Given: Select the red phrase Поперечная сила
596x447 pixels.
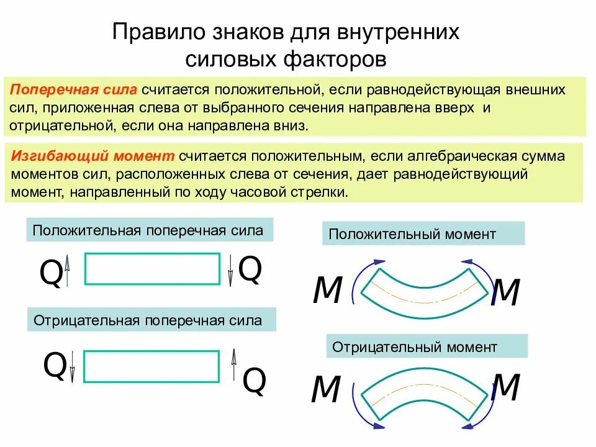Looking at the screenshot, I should [x=74, y=89].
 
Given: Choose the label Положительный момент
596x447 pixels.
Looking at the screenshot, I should [x=412, y=234].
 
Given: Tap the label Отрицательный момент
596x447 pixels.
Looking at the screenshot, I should [x=415, y=346].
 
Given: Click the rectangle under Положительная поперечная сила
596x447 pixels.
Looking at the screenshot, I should [x=152, y=269].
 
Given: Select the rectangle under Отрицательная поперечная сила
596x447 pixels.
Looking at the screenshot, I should [x=151, y=366].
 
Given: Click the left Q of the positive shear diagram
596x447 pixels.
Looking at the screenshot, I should [x=51, y=273].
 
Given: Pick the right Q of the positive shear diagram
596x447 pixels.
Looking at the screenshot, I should [x=250, y=269].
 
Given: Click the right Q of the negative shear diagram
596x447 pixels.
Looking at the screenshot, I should [x=254, y=381].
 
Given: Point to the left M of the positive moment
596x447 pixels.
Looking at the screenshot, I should [x=327, y=289].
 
